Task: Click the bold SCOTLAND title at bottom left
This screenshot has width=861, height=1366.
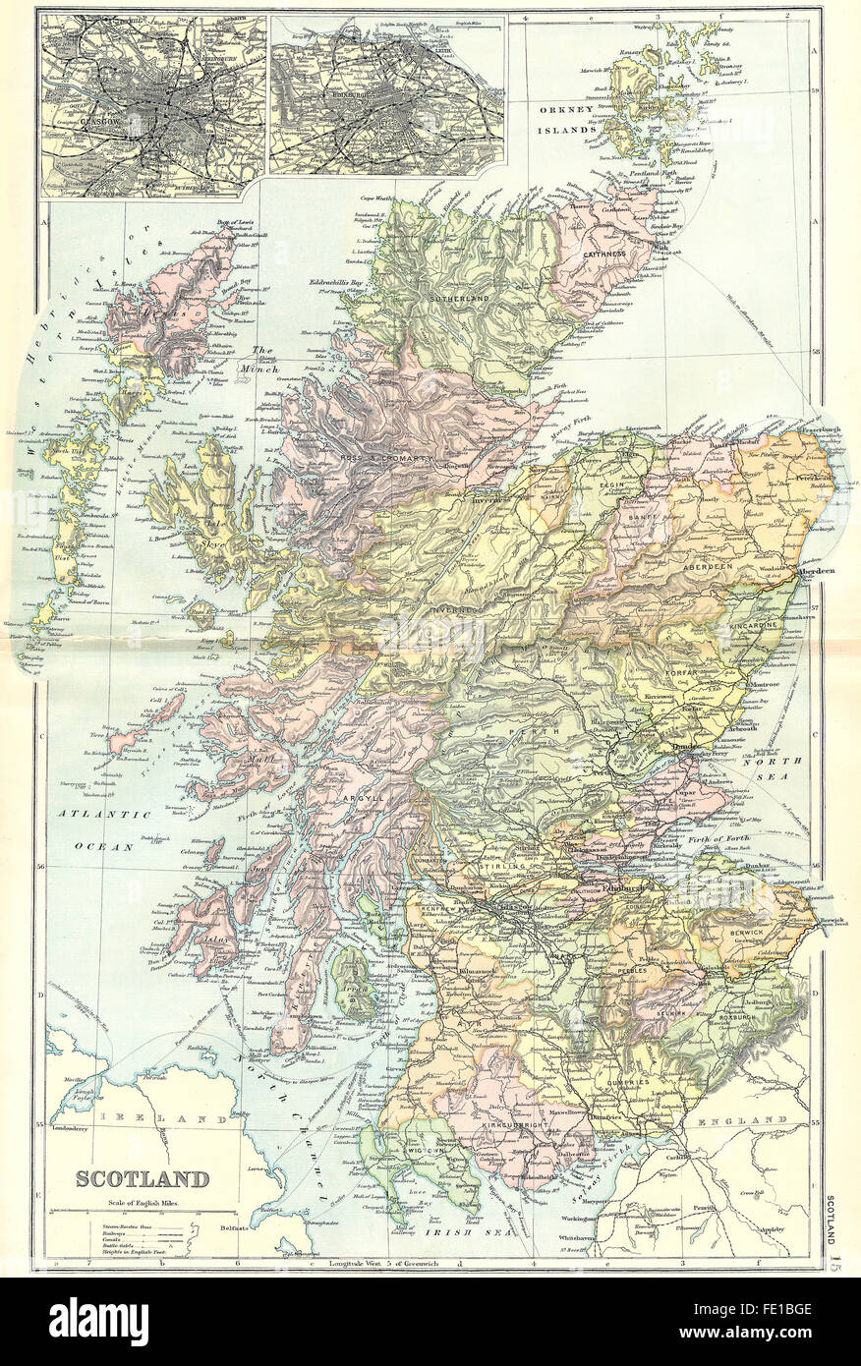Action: click(x=143, y=1178)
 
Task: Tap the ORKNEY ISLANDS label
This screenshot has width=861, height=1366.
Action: click(x=564, y=120)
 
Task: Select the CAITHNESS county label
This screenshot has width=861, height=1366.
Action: click(x=603, y=254)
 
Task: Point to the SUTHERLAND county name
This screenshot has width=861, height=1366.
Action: click(x=458, y=298)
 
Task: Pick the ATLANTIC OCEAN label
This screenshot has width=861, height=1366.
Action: click(x=116, y=828)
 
